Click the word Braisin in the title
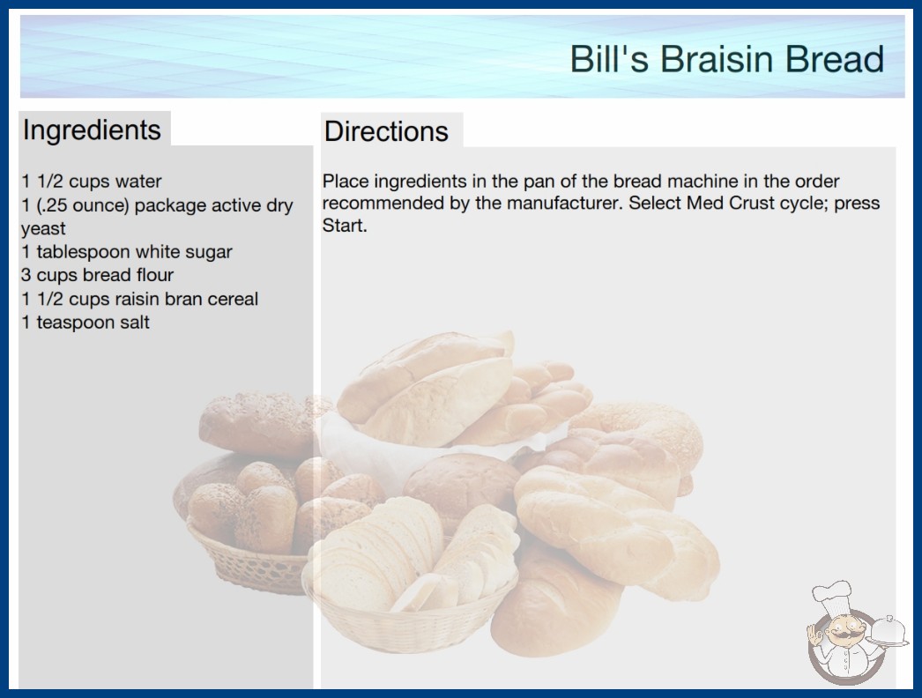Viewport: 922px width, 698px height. click(x=718, y=59)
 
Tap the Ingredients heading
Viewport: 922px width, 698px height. click(x=92, y=130)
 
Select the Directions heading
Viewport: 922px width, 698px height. click(x=386, y=131)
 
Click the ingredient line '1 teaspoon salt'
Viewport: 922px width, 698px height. click(x=86, y=323)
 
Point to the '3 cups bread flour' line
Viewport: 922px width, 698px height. click(x=98, y=275)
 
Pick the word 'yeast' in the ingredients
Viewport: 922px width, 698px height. click(x=43, y=229)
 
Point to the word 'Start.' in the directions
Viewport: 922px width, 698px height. click(x=345, y=226)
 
